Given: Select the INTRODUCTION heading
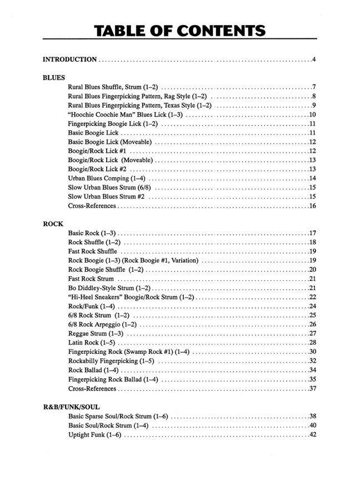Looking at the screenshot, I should tap(70, 59).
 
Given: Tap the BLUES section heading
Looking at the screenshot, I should tap(54, 78).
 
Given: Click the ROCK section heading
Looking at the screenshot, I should tap(53, 224).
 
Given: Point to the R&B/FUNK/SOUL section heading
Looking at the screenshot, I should tap(71, 407).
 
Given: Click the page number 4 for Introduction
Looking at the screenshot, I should tap(314, 59).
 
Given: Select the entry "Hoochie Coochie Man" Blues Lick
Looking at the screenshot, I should tap(125, 114).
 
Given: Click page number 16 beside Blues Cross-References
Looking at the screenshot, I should tap(312, 206).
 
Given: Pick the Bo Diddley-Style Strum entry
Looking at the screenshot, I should tap(109, 288).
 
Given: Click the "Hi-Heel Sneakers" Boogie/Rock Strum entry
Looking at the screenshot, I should tap(131, 297).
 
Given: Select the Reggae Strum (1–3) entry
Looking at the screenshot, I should tap(96, 333).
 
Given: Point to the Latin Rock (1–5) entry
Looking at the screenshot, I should tap(92, 343).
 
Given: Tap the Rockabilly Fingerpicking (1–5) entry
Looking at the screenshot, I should tap(111, 361).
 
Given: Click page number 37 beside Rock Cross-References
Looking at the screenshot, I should tap(312, 388).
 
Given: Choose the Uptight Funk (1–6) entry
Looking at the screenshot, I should tap(94, 434).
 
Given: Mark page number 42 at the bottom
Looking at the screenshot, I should tap(312, 434).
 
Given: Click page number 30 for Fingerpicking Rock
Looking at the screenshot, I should tap(312, 352).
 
